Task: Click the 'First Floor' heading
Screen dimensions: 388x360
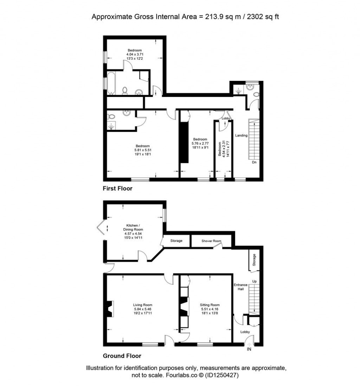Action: (x=117, y=189)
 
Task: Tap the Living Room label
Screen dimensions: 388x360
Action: (x=142, y=305)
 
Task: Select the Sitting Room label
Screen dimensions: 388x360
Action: (x=210, y=305)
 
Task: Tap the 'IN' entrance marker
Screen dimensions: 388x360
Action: (x=249, y=349)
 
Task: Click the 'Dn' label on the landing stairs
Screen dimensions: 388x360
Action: (x=254, y=162)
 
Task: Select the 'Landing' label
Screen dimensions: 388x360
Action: (x=242, y=135)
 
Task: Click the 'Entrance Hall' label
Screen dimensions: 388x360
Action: (x=241, y=287)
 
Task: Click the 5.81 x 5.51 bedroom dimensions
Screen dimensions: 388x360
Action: (x=143, y=150)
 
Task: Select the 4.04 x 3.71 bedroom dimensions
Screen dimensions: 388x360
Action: (x=135, y=54)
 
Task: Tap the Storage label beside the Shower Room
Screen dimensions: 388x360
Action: (x=176, y=241)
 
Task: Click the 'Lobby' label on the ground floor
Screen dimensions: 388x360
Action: (x=245, y=332)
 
